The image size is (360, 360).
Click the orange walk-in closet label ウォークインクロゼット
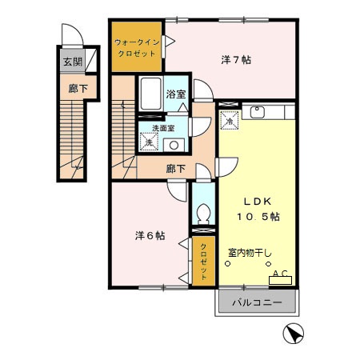coord(137,46)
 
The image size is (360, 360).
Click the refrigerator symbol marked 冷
coord(229,122)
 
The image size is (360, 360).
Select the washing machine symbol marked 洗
coord(147,142)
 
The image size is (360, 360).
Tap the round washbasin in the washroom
coord(174,145)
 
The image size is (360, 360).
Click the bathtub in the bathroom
coord(150,96)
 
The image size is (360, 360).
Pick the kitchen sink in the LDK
coord(258,112)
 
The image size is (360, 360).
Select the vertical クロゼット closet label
coord(203,260)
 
